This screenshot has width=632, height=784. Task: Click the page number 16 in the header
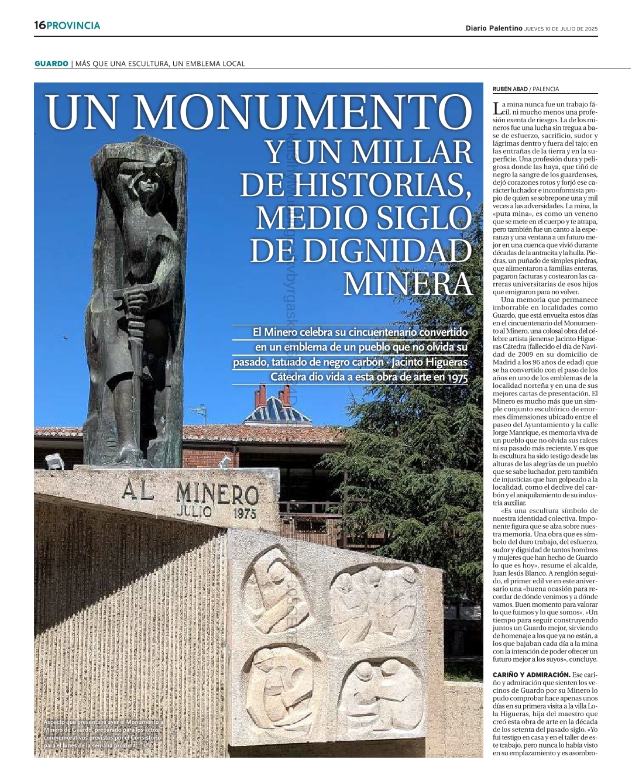coord(39,26)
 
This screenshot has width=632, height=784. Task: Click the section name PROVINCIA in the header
coord(73,26)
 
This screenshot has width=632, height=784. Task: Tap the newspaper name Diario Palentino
coord(493,28)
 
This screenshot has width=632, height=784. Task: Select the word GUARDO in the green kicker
coord(51,63)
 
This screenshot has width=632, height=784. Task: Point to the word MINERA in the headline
coord(407,284)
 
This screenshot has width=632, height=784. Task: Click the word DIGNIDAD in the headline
coord(360,251)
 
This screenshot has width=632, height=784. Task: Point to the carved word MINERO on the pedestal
coord(217,494)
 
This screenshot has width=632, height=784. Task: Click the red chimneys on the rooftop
coord(272,397)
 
